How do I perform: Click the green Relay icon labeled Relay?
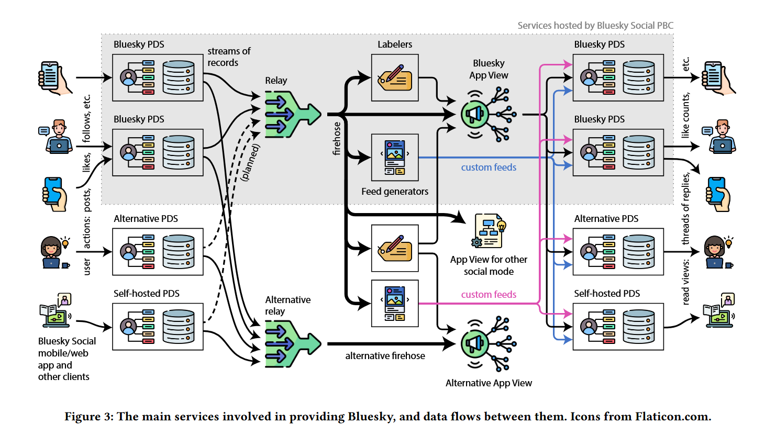tap(292, 114)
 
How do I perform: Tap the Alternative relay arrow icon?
tap(292, 343)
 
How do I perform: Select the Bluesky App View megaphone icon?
tap(487, 114)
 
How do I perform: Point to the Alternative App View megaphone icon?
tap(487, 343)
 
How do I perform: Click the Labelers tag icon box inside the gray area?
tap(395, 77)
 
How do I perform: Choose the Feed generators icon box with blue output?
tap(395, 157)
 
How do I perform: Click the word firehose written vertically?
tap(337, 139)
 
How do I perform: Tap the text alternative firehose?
tap(385, 356)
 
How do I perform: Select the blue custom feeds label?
tap(489, 168)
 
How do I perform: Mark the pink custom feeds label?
tap(489, 295)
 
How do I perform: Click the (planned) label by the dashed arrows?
tap(250, 162)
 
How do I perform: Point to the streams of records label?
tap(229, 57)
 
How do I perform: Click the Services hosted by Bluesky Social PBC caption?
tap(595, 26)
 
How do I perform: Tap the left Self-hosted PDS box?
tap(158, 327)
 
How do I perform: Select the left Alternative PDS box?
tap(158, 252)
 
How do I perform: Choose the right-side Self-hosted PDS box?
tap(618, 327)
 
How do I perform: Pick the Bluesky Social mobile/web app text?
tap(66, 359)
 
